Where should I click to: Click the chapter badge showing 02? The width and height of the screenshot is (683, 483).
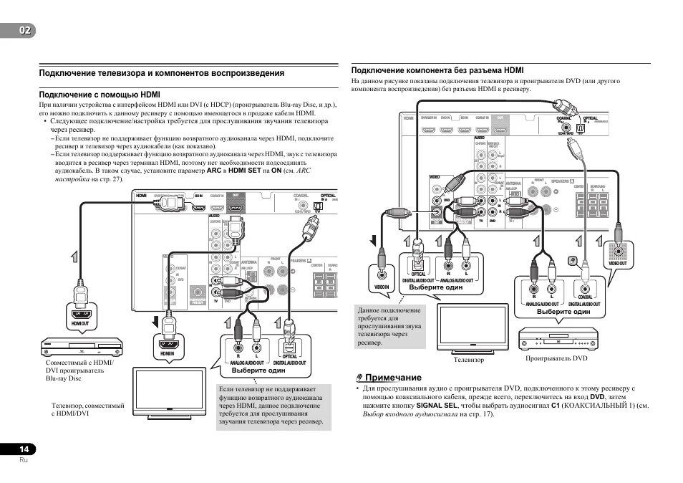pos(18,29)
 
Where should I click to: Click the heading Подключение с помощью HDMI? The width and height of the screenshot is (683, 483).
pos(100,95)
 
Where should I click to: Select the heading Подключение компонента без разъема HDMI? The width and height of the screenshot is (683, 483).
pos(437,71)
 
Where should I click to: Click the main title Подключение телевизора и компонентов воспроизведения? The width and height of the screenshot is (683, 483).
pos(162,73)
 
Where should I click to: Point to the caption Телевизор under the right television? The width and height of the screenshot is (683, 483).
pos(469,359)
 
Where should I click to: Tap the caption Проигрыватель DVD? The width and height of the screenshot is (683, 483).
pos(556,358)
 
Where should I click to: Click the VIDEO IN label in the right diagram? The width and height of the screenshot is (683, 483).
pos(381,287)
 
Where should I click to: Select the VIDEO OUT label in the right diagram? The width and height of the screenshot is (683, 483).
pos(618,263)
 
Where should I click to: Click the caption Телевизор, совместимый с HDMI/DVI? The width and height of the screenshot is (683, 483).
pos(82,409)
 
